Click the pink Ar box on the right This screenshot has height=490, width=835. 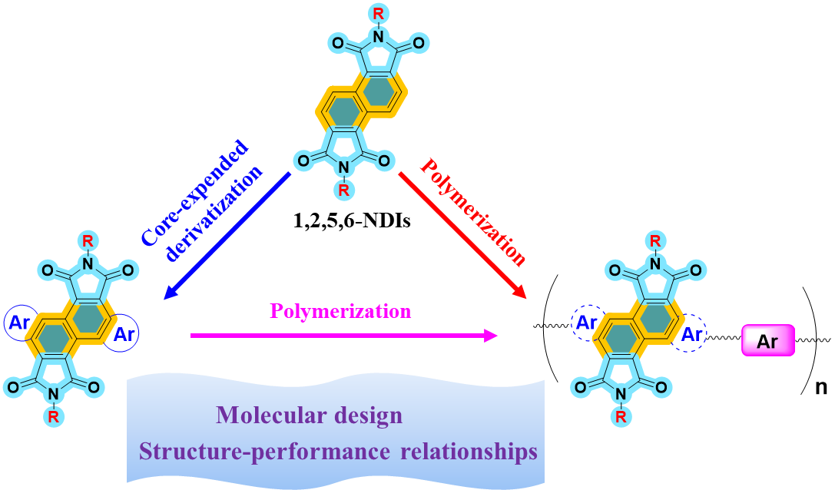767,340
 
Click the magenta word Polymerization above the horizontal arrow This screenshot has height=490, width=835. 340,311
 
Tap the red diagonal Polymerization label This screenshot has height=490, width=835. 473,213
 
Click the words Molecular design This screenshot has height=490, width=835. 309,416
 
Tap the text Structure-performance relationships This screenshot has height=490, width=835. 338,452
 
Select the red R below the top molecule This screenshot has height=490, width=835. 343,190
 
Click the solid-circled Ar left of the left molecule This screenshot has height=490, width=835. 18,323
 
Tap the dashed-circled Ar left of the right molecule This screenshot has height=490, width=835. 587,323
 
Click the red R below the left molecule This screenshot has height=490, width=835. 53,417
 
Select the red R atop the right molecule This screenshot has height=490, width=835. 654,241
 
